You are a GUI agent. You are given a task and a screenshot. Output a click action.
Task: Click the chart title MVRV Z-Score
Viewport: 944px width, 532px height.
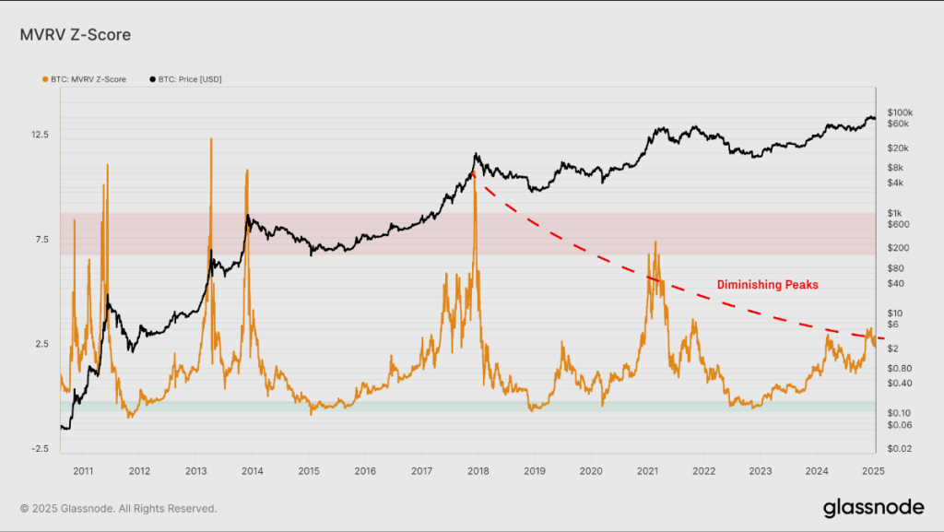pos(75,35)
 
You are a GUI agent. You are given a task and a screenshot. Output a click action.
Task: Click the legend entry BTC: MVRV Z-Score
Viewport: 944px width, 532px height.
pos(84,79)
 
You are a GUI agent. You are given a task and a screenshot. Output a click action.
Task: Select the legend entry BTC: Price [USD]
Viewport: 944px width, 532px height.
pos(190,79)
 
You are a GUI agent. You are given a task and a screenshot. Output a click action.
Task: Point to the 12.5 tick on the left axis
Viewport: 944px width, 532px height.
pos(40,135)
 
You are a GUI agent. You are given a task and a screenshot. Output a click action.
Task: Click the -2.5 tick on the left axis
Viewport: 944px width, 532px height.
pos(40,449)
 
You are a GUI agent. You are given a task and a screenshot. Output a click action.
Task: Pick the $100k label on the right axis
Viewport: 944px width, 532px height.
pos(900,112)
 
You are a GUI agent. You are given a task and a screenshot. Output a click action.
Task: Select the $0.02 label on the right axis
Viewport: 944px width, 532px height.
pos(900,448)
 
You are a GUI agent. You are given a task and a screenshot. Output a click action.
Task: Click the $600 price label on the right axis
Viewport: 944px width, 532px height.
pos(898,224)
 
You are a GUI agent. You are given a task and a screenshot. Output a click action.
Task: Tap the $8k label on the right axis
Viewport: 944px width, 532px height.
pos(896,168)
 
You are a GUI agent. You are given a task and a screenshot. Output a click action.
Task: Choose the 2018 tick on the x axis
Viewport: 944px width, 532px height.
pos(478,471)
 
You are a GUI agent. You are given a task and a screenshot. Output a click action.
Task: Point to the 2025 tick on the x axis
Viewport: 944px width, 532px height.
pos(873,471)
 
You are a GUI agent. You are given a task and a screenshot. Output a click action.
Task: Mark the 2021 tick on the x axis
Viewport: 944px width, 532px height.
pos(647,471)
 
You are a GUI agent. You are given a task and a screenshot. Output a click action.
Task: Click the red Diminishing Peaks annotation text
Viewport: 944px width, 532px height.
pos(767,286)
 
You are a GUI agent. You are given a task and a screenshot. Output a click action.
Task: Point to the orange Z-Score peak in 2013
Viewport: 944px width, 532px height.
pos(211,139)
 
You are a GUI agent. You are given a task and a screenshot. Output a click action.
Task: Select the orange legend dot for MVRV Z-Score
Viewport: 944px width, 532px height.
pos(45,79)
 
